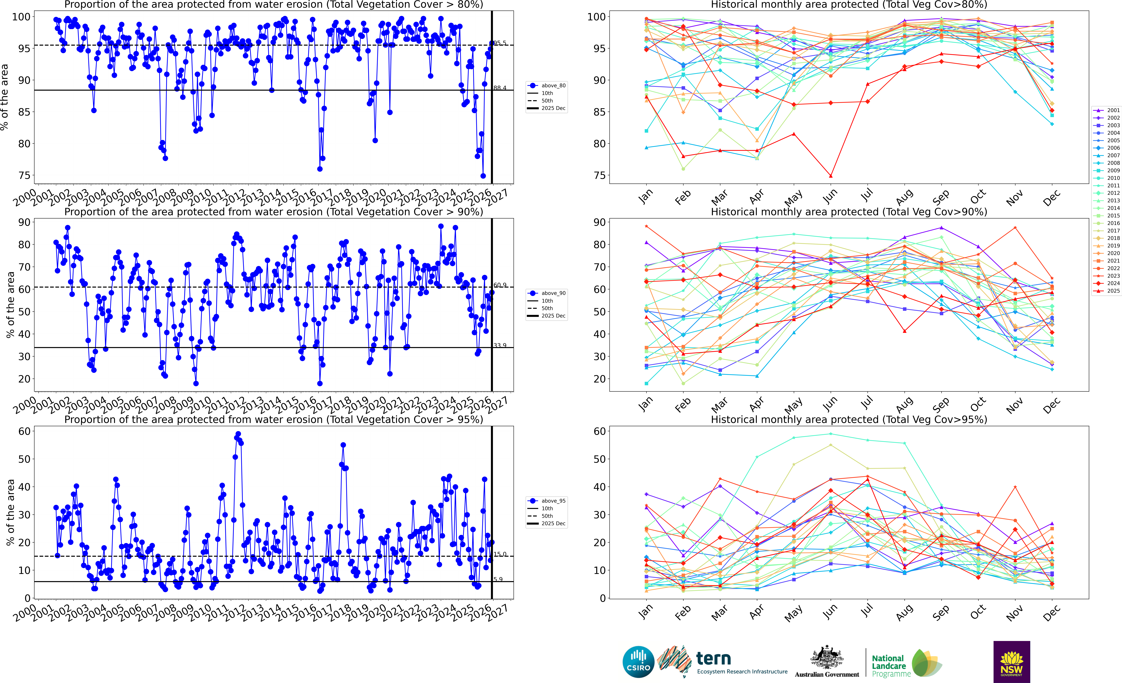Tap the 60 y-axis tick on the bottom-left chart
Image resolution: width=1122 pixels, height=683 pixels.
click(x=24, y=431)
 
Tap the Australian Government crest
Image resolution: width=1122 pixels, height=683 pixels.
click(x=826, y=658)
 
